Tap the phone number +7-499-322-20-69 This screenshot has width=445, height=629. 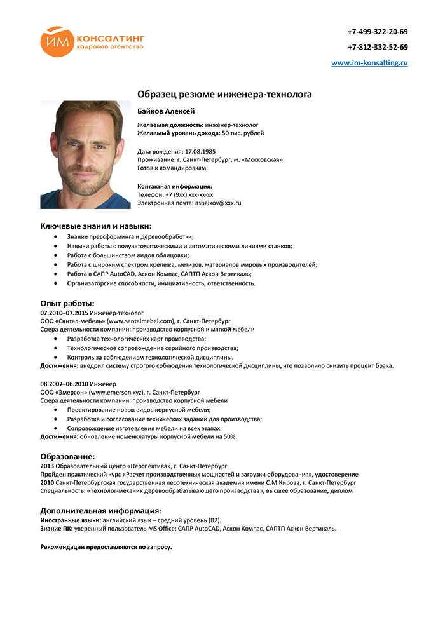click(x=378, y=32)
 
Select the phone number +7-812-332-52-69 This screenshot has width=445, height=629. click(x=378, y=47)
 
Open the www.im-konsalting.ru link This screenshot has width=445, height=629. click(x=369, y=63)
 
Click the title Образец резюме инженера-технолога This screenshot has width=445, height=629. click(x=224, y=95)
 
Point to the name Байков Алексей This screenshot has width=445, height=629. click(x=167, y=112)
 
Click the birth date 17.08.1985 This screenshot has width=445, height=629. click(x=200, y=152)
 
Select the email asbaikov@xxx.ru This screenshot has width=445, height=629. click(x=218, y=203)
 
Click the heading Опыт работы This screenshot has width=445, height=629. click(x=67, y=303)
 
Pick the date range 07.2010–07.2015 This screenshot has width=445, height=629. click(x=64, y=313)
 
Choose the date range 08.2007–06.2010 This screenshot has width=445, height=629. click(x=64, y=384)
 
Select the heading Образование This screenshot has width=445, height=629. click(x=67, y=456)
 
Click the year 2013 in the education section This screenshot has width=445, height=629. click(x=47, y=466)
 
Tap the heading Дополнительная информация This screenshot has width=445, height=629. click(x=100, y=510)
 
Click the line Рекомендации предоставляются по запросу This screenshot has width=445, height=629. click(x=106, y=546)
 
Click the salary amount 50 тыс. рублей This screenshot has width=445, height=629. click(x=243, y=133)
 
